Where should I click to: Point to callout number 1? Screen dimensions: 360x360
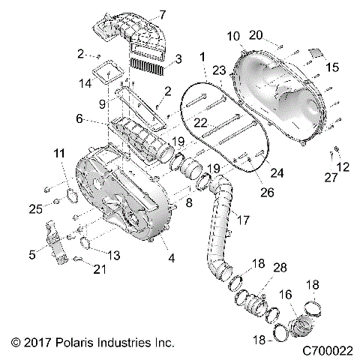[202, 56]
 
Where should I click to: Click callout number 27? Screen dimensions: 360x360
[330, 177]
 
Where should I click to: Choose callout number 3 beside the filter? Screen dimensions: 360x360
[178, 58]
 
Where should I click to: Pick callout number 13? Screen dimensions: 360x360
[113, 256]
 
